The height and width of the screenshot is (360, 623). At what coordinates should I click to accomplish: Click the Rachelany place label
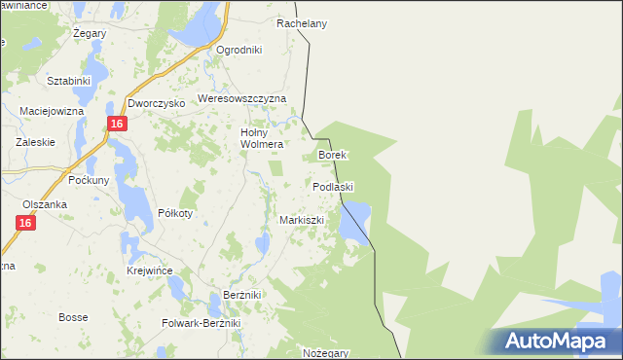301,23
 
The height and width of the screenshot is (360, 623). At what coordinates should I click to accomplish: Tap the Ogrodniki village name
239,50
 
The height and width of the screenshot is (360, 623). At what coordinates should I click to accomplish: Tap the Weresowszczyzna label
242,99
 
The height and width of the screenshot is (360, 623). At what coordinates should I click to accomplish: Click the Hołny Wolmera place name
261,138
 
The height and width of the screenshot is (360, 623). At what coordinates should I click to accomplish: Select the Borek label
333,155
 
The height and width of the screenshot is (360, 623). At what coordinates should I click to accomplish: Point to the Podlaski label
333,186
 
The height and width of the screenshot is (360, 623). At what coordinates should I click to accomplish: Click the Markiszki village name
301,220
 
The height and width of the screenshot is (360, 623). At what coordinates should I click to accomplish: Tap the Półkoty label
176,213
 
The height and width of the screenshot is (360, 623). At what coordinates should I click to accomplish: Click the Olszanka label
45,204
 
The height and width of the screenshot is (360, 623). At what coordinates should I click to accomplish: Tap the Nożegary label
324,352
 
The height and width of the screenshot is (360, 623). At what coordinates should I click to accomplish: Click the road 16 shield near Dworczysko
116,124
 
